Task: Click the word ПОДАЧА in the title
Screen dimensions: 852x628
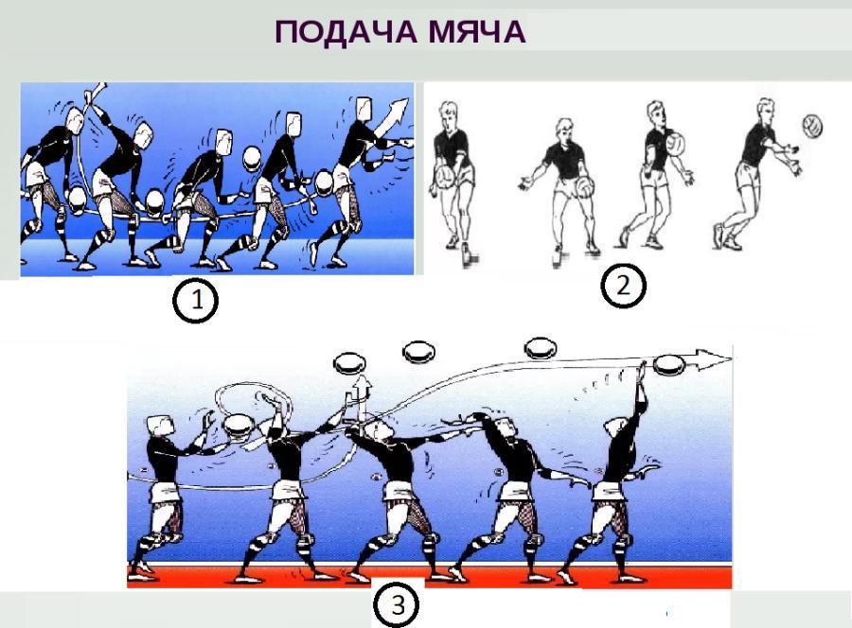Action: point(346,32)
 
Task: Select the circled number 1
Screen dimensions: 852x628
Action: point(195,300)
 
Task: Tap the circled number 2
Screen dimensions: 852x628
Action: point(623,286)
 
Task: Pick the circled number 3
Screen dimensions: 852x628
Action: point(399,605)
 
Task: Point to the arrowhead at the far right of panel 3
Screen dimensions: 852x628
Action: point(713,359)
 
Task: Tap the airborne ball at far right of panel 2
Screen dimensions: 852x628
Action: point(812,127)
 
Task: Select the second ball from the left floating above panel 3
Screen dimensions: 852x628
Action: point(418,352)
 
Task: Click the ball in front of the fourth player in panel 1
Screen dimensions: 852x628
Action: point(253,159)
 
